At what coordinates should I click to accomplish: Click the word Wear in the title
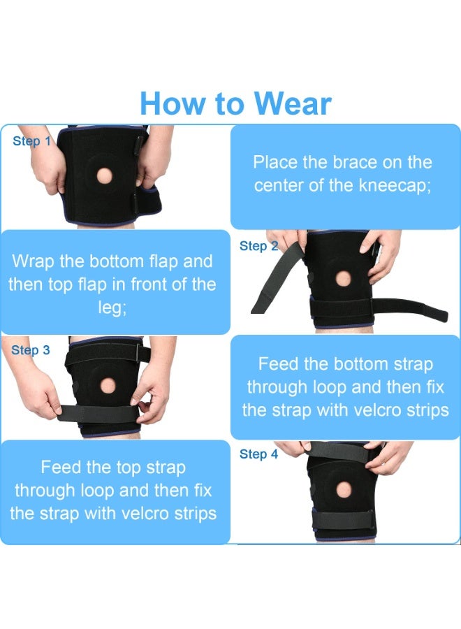(292, 103)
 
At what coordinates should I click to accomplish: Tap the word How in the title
(172, 103)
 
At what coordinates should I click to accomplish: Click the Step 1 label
(32, 141)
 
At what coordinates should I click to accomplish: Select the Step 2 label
(259, 246)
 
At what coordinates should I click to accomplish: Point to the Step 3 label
(31, 350)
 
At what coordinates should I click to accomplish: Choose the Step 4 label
(259, 454)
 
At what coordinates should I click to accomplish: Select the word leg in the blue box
(112, 308)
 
